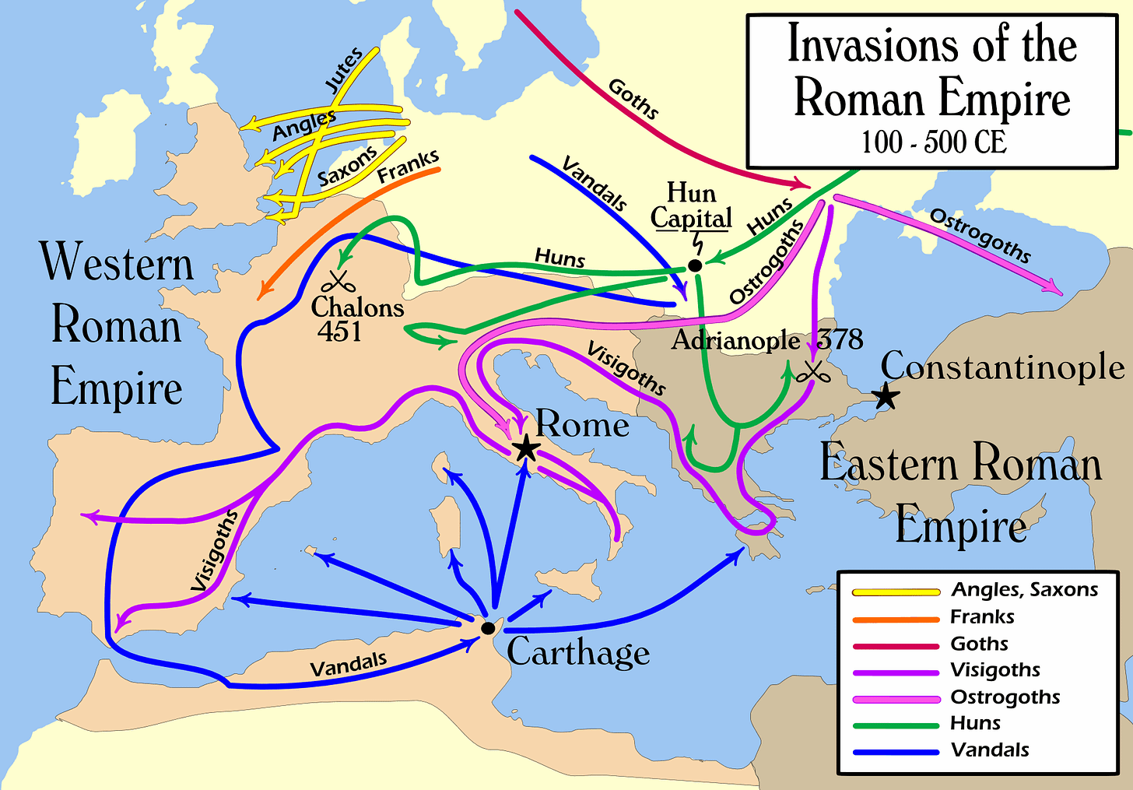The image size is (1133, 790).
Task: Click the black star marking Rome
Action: pyautogui.click(x=526, y=448)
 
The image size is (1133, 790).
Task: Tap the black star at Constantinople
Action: pyautogui.click(x=886, y=397)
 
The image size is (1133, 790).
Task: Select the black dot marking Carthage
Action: pyautogui.click(x=488, y=627)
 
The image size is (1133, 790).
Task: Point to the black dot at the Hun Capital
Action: pyautogui.click(x=695, y=265)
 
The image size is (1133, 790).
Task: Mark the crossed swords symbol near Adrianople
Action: pyautogui.click(x=814, y=372)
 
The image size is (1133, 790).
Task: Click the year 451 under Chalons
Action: pyautogui.click(x=339, y=332)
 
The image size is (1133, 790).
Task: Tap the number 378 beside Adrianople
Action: pyautogui.click(x=840, y=339)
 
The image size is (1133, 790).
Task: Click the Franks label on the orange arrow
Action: pyautogui.click(x=408, y=167)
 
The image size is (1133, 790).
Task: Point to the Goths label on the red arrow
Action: pyautogui.click(x=633, y=99)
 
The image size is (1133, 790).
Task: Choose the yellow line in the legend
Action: pyautogui.click(x=895, y=592)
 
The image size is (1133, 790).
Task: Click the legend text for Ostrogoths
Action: pyautogui.click(x=1005, y=697)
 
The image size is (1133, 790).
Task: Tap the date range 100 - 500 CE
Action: pyautogui.click(x=933, y=142)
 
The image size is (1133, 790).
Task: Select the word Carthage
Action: pyautogui.click(x=577, y=652)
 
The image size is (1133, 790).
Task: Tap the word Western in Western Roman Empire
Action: pyautogui.click(x=117, y=263)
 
